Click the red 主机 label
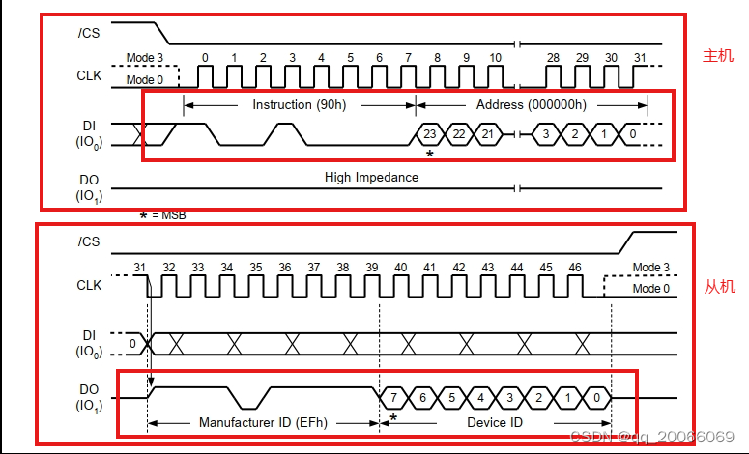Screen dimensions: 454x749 717,56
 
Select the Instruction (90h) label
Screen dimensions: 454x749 299,104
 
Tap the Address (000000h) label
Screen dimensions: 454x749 532,104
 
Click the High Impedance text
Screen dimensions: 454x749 371,178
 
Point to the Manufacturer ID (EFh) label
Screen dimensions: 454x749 263,422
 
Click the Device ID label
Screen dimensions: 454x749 495,422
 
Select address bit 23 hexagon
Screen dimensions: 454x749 430,133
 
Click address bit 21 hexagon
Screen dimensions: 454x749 488,133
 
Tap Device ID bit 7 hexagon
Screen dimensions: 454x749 393,397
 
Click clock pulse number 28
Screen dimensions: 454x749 553,58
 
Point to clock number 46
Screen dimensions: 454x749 575,267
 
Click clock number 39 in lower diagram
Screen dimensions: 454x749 372,267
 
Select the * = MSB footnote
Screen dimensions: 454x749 162,215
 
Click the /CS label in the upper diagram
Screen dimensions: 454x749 89,31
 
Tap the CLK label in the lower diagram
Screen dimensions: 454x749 89,286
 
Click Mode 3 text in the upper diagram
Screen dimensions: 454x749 144,59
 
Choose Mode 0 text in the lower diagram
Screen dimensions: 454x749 650,289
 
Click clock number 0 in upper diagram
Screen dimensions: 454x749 205,58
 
